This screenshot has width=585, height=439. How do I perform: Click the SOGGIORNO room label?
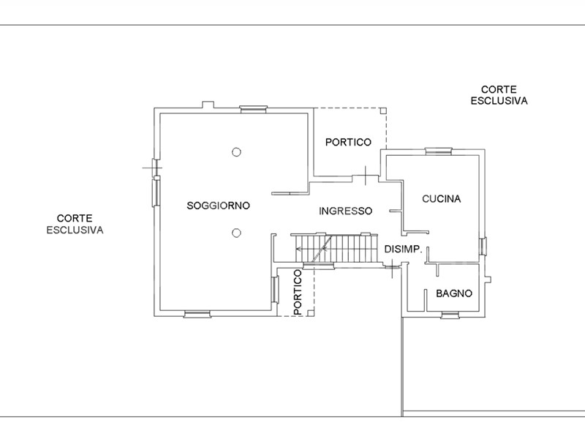click(x=218, y=206)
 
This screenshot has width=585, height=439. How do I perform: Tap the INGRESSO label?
click(x=345, y=211)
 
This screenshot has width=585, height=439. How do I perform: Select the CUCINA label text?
click(x=442, y=199)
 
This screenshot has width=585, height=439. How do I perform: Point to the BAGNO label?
click(x=454, y=294)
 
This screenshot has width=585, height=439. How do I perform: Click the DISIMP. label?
click(x=404, y=249)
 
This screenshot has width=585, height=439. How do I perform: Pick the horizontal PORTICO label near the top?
click(x=349, y=142)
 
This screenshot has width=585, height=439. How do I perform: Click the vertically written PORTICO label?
click(x=298, y=292)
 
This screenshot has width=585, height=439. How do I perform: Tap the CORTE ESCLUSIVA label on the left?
click(x=75, y=224)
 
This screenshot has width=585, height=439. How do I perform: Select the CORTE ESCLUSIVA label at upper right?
click(x=499, y=95)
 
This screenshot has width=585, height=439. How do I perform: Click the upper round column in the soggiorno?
click(x=236, y=152)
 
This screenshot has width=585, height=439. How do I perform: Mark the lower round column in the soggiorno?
click(x=236, y=233)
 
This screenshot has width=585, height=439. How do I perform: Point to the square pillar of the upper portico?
click(x=383, y=110)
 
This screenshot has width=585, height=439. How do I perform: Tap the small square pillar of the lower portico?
click(x=311, y=313)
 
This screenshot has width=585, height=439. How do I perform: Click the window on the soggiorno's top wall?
click(x=253, y=109)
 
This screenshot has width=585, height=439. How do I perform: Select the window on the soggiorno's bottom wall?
click(x=197, y=315)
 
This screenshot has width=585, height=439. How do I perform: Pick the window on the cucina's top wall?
click(x=439, y=151)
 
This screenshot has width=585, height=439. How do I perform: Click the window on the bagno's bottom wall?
click(x=450, y=315)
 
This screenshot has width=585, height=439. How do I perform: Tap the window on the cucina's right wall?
click(x=483, y=247)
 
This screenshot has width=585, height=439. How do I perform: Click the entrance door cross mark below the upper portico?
click(x=365, y=176)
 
